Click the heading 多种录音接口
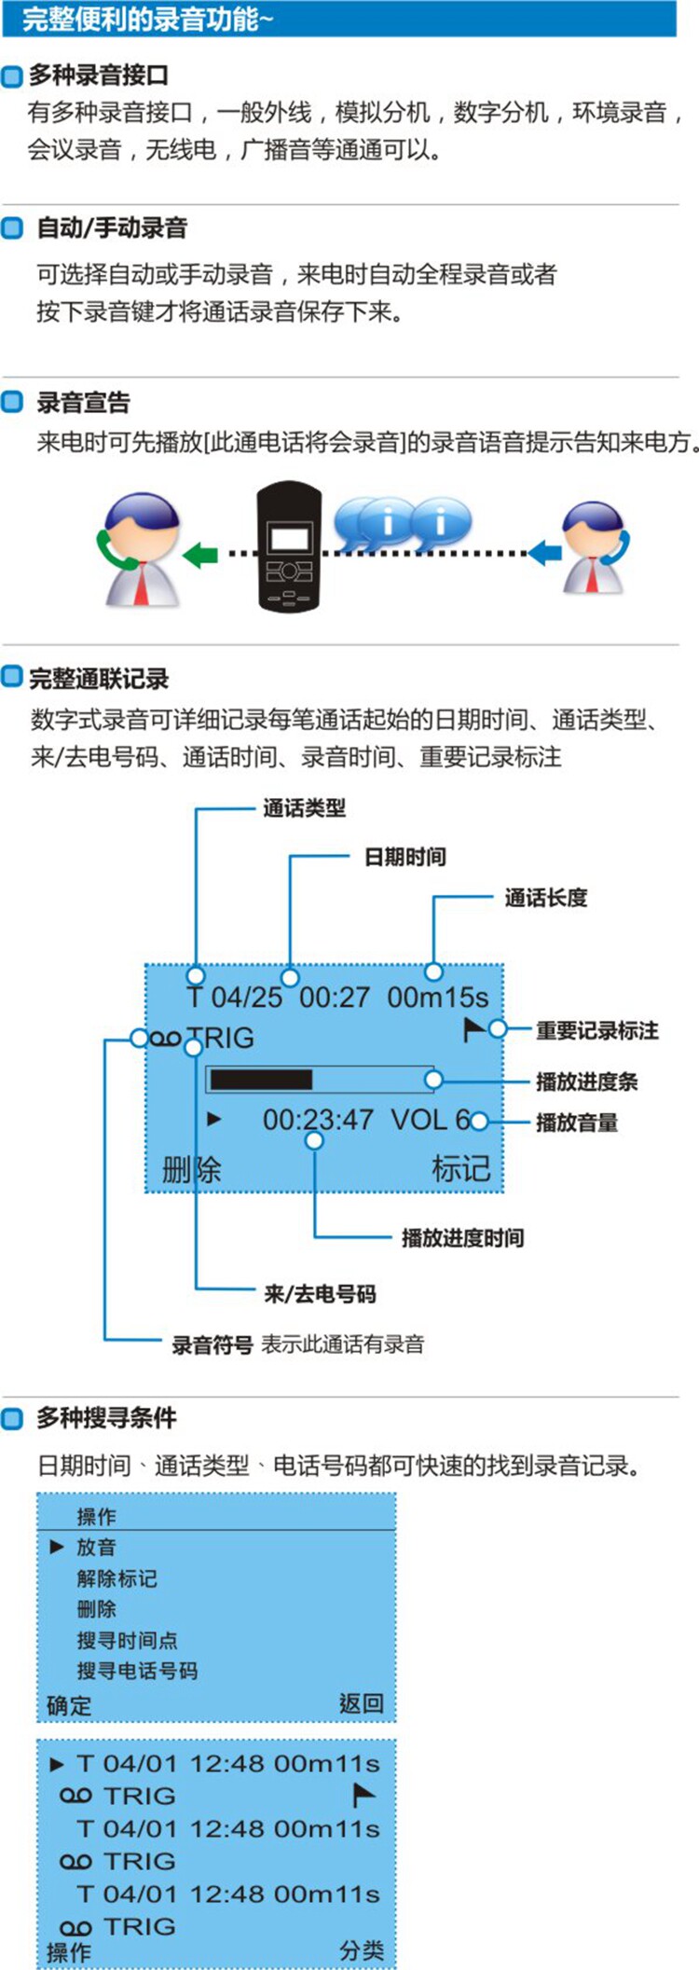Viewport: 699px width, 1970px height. pos(99,75)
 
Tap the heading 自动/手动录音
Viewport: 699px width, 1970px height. pos(112,227)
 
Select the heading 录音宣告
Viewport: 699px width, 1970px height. pos(83,402)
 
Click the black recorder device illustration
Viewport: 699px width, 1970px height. pos(289,546)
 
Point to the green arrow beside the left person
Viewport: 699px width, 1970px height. pos(200,556)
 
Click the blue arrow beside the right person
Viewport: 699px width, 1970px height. pos(545,553)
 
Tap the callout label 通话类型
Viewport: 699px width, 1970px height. pos(304,808)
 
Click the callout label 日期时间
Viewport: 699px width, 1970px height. pos(404,857)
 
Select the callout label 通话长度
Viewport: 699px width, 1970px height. pos(546,898)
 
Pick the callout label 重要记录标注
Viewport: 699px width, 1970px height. pos(597,1030)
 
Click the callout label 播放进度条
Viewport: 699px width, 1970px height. pos(586,1081)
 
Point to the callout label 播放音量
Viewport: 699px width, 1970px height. pos(577,1123)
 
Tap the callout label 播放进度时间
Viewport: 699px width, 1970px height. pos(462,1238)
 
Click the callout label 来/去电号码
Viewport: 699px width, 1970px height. pos(320,1294)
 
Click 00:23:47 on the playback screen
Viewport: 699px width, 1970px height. pos(318,1119)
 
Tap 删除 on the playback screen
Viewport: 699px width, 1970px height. pos(191,1169)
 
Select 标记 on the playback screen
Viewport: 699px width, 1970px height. pos(460,1169)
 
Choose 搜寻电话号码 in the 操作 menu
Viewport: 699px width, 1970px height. pos(137,1671)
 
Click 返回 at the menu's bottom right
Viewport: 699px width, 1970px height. pos(362,1704)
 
